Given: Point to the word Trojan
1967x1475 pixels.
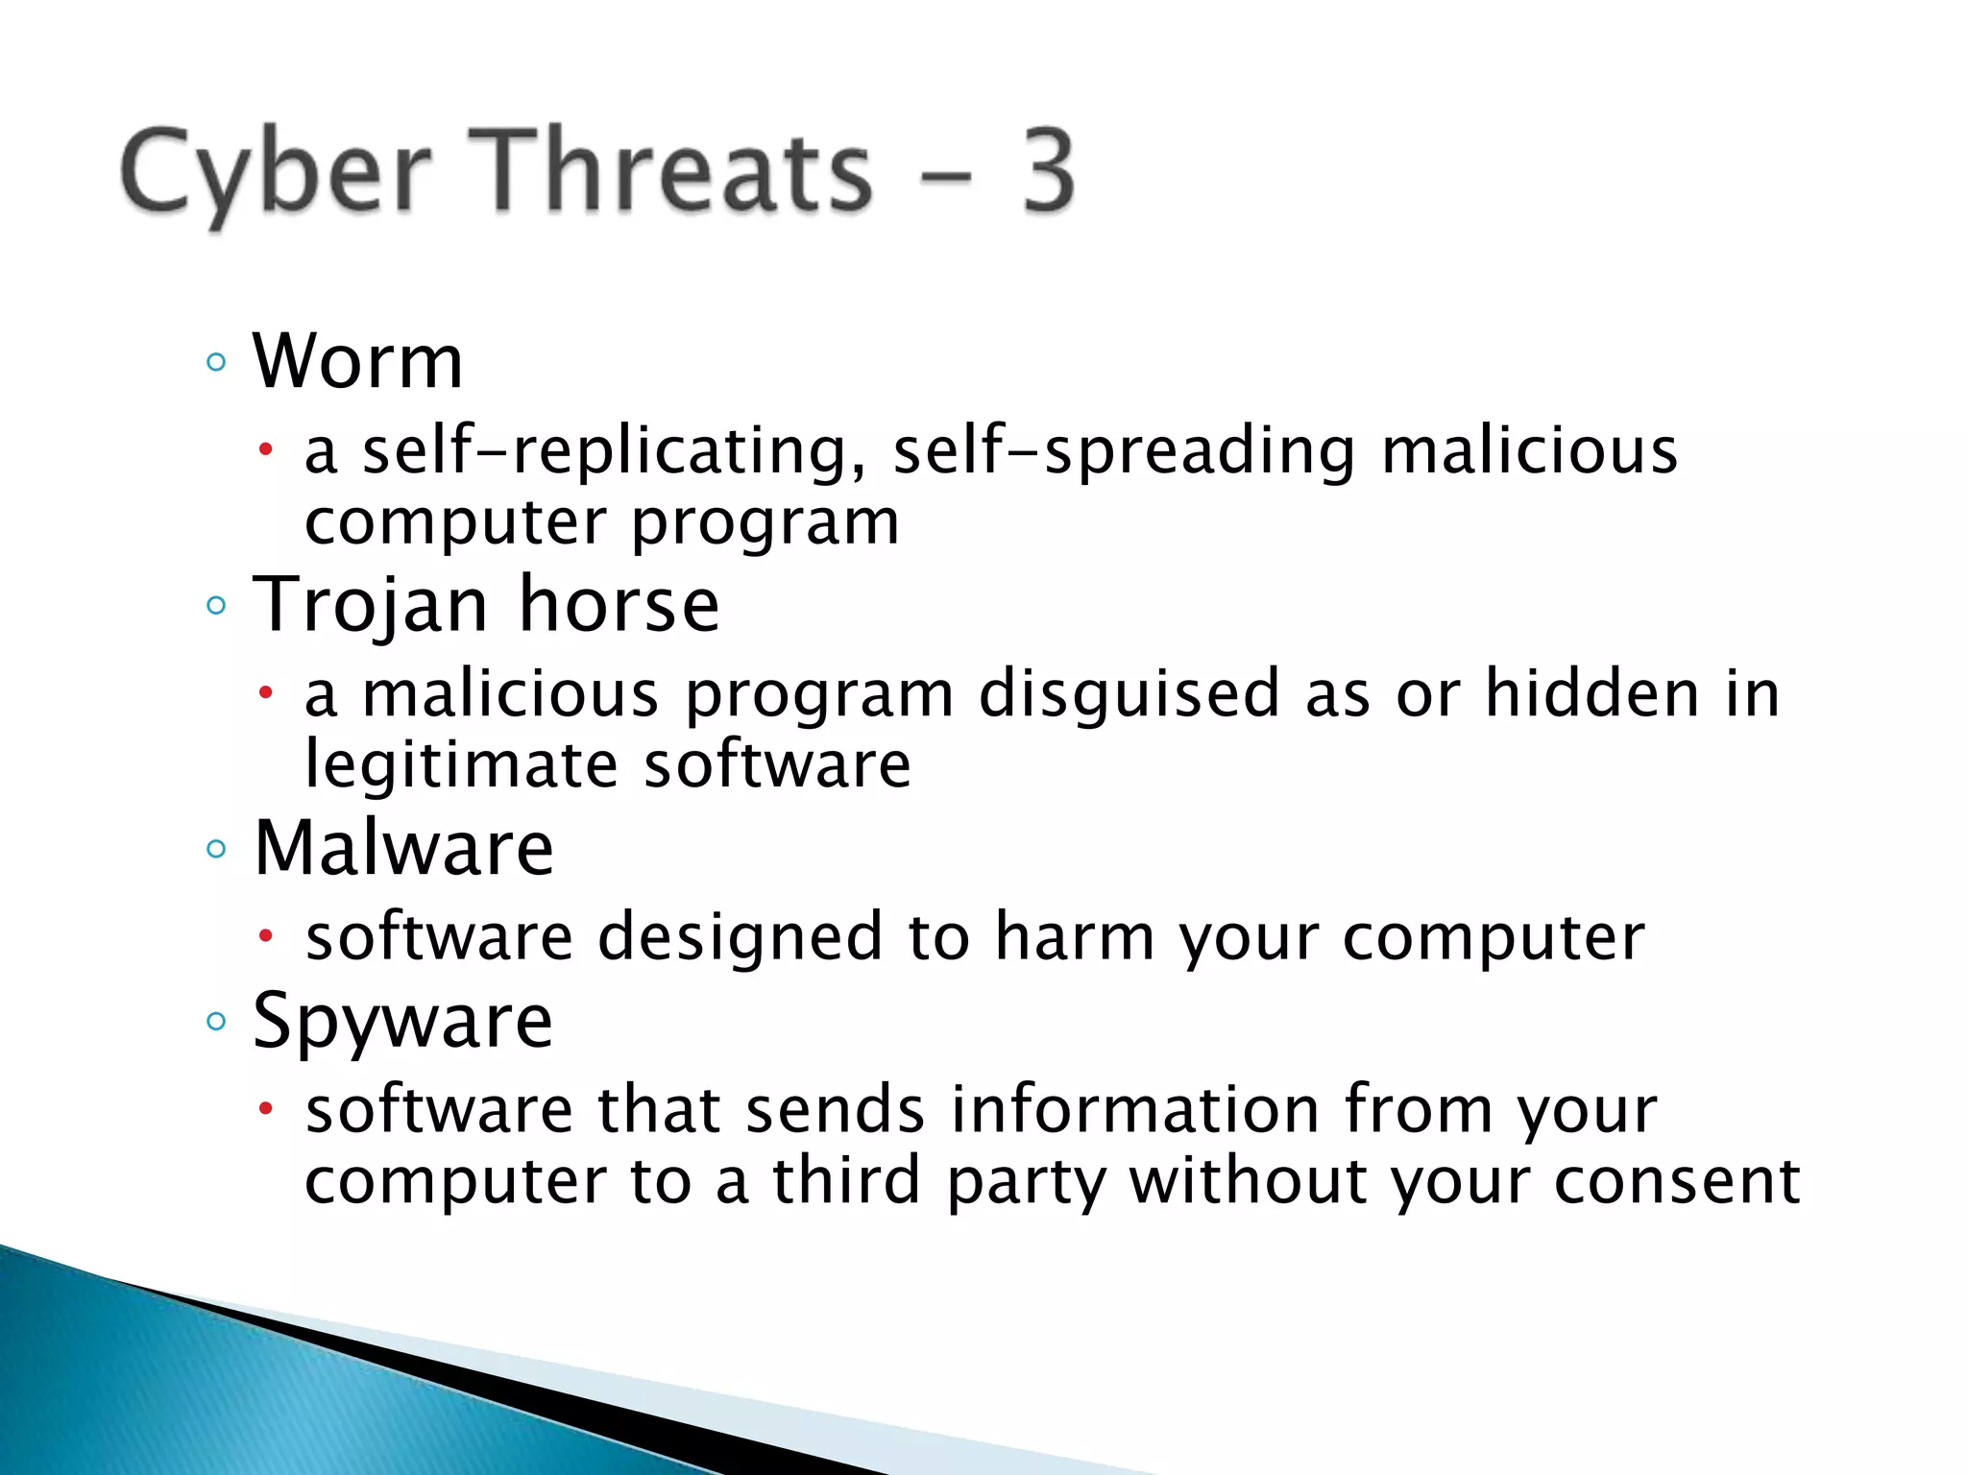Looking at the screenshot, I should click(x=371, y=605).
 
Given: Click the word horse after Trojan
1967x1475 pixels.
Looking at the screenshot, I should click(x=619, y=605).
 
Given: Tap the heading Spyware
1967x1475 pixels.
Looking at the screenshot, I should click(x=402, y=1021).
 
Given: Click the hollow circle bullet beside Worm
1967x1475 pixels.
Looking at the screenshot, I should click(x=216, y=363).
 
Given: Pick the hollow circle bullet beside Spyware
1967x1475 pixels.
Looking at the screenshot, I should click(x=216, y=1021).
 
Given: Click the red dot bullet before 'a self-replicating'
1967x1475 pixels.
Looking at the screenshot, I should click(x=267, y=449).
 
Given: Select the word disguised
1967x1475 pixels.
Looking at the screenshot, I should click(x=1129, y=693).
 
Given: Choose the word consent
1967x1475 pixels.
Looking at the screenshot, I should click(x=1676, y=1181).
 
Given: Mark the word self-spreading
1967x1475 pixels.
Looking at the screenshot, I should click(x=1124, y=451).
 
